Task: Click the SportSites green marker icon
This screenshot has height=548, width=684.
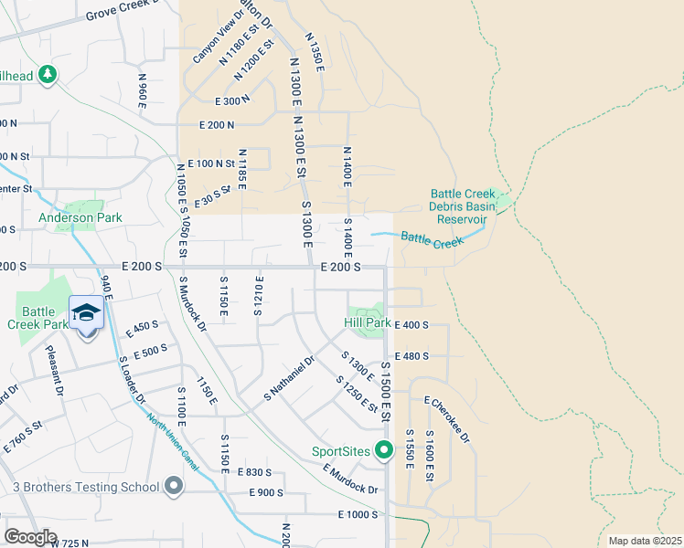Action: (x=385, y=450)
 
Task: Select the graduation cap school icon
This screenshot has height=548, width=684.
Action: (x=86, y=313)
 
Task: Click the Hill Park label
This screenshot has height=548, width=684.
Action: (x=368, y=323)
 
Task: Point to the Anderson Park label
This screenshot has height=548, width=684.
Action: (x=80, y=218)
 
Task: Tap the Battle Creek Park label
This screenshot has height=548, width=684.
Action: (x=38, y=317)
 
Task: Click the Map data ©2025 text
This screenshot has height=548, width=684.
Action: (x=645, y=541)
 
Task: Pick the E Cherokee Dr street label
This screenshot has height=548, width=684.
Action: (x=447, y=419)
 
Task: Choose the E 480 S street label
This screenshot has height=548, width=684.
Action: (x=411, y=356)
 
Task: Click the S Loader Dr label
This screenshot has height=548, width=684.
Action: (x=133, y=380)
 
